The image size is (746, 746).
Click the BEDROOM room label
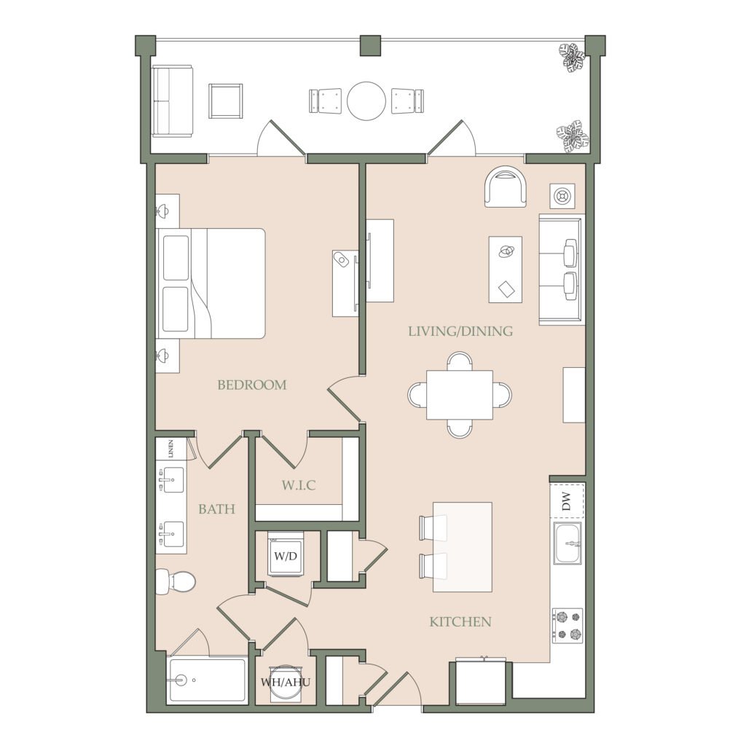point(251,385)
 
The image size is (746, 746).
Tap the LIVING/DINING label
point(460,331)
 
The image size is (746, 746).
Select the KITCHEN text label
point(460,621)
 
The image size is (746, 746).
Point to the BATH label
point(216,509)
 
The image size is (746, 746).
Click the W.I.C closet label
point(299,485)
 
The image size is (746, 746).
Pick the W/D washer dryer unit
point(286,554)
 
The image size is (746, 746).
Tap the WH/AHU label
point(286,682)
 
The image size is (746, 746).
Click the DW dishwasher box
point(567,500)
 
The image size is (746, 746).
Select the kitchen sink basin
point(567,543)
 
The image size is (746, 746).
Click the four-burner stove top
point(568,626)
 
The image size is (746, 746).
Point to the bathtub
point(207,680)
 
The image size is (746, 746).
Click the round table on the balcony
point(366,101)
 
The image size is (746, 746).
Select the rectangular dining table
point(460,394)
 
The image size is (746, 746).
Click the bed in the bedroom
point(211,283)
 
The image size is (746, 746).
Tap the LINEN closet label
point(170,448)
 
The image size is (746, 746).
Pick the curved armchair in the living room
point(506,186)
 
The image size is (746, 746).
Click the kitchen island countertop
point(462,546)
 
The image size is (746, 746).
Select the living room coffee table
point(506,270)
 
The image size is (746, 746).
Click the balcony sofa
point(172,101)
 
